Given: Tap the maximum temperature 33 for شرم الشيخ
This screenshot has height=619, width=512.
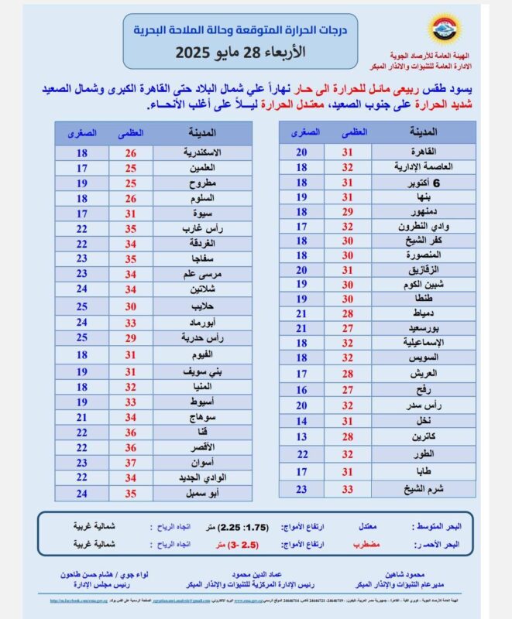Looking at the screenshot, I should pos(349,489).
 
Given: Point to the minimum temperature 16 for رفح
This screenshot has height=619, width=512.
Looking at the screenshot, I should pos(302,390).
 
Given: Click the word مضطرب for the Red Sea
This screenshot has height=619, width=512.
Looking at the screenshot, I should pos(362,545).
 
